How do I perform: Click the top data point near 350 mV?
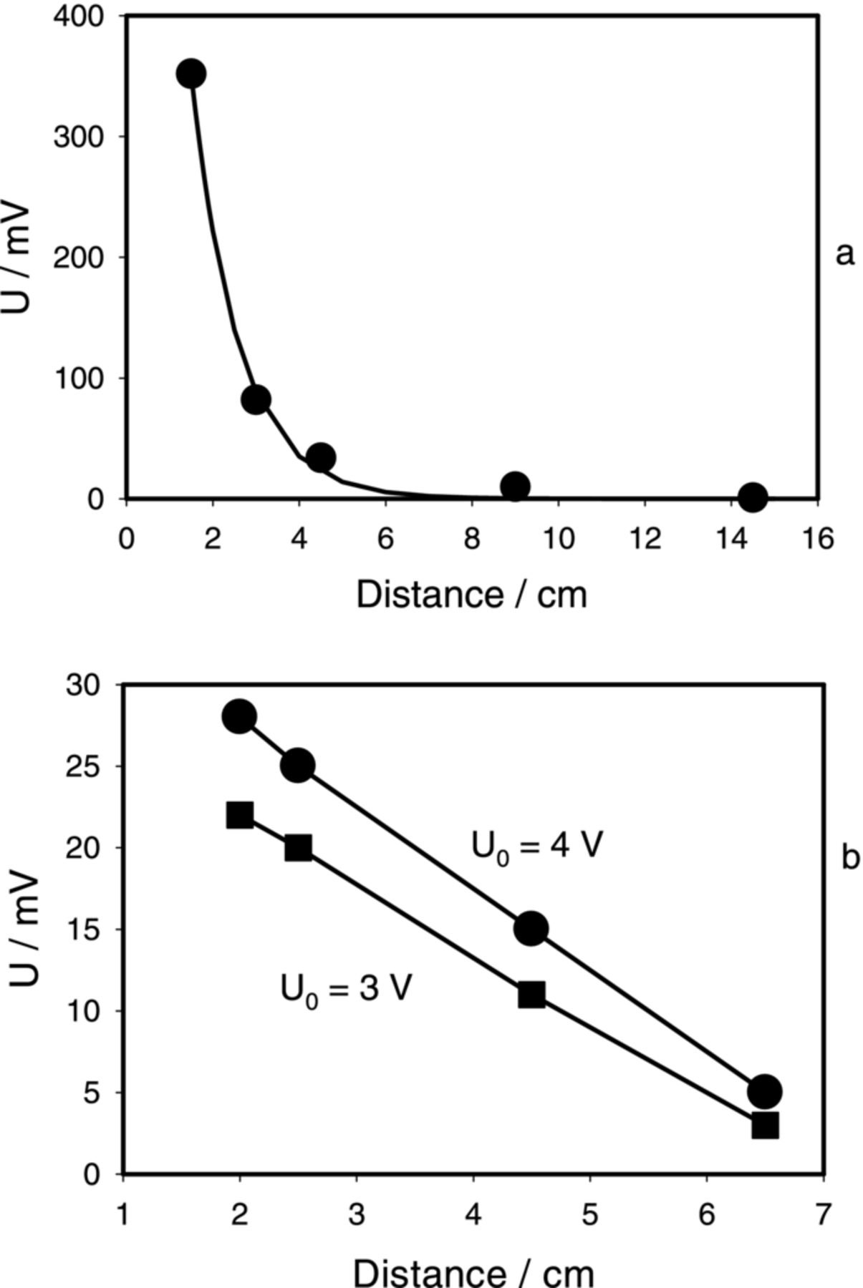pos(191,73)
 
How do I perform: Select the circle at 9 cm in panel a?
pos(515,487)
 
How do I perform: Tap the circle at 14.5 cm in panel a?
pos(752,497)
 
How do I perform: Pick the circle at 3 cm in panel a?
pos(256,399)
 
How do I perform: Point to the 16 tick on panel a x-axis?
pos(817,538)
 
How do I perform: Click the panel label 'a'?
pos(845,253)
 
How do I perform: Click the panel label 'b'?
pos(849,857)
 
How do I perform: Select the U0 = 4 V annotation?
pos(536,846)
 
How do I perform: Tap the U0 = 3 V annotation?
pos(345,990)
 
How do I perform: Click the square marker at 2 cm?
pos(239,815)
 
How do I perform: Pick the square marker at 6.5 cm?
pos(765,1126)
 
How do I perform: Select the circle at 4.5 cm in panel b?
pos(531,929)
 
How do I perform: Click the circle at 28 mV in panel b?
pos(239,716)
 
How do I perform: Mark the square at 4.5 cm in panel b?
pos(531,995)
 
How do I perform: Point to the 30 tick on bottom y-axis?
pos(85,686)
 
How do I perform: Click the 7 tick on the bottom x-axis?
pos(824,1214)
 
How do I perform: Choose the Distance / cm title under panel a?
pos(471,595)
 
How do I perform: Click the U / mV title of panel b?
pos(24,928)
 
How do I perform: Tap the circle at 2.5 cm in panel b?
pos(298,766)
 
